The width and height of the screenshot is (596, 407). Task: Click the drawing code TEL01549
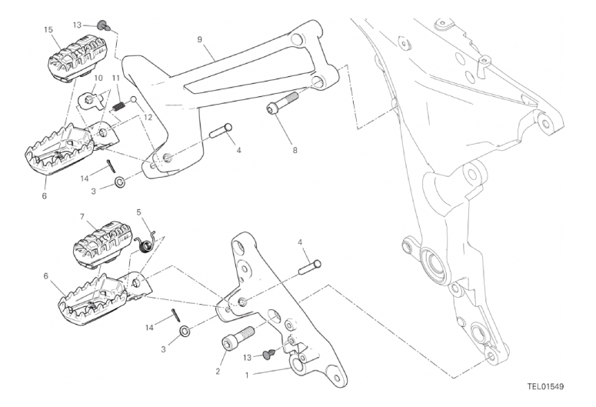pyautogui.click(x=545, y=387)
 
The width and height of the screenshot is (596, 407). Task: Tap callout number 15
pyautogui.click(x=48, y=30)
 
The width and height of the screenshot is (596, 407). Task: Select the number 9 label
pyautogui.click(x=199, y=39)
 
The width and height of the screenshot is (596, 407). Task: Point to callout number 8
pyautogui.click(x=295, y=150)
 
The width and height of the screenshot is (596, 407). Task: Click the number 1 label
pyautogui.click(x=247, y=375)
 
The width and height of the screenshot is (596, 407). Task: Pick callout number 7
pyautogui.click(x=82, y=217)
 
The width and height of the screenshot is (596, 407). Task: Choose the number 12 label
pyautogui.click(x=148, y=118)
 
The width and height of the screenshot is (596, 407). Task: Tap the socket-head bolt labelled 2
pyautogui.click(x=238, y=335)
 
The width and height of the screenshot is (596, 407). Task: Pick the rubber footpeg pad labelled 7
pyautogui.click(x=102, y=244)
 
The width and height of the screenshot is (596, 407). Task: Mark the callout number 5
pyautogui.click(x=138, y=212)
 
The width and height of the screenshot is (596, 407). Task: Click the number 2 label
pyautogui.click(x=218, y=372)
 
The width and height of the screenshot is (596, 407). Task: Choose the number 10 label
pyautogui.click(x=98, y=78)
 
